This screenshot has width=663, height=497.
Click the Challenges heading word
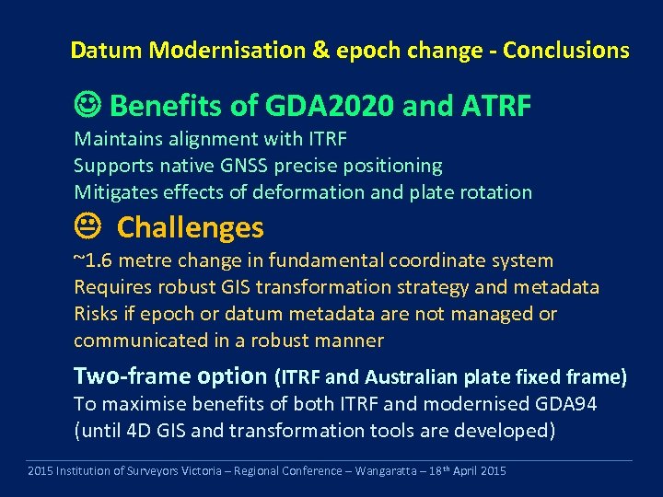pyautogui.click(x=191, y=227)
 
